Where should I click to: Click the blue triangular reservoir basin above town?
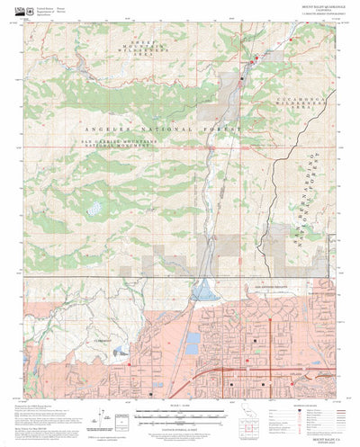(204, 290)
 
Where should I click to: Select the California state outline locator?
(251, 425)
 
